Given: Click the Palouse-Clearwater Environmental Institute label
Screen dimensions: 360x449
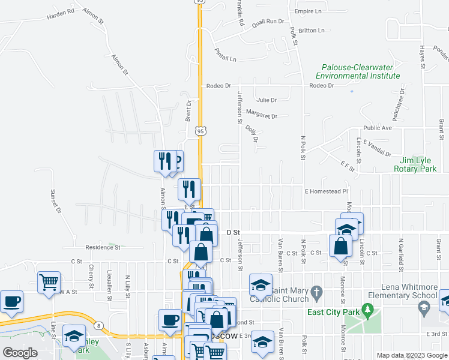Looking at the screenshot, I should click(358, 72).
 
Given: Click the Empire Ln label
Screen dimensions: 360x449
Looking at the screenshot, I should click(309, 11).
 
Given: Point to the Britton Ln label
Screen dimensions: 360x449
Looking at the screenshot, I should click(311, 30).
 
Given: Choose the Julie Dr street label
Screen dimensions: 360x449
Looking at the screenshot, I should click(266, 100).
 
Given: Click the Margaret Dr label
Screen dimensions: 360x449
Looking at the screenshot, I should click(262, 116).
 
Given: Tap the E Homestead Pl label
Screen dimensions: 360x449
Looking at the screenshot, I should click(326, 191).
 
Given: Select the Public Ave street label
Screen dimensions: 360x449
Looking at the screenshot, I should click(377, 128).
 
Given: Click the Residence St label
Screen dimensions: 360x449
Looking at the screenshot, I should click(103, 247).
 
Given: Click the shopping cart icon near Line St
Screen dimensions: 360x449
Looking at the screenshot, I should click(49, 281).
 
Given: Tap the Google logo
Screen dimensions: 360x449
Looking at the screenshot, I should click(20, 353).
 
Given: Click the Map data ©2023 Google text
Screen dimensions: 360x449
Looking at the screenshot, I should click(411, 356).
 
